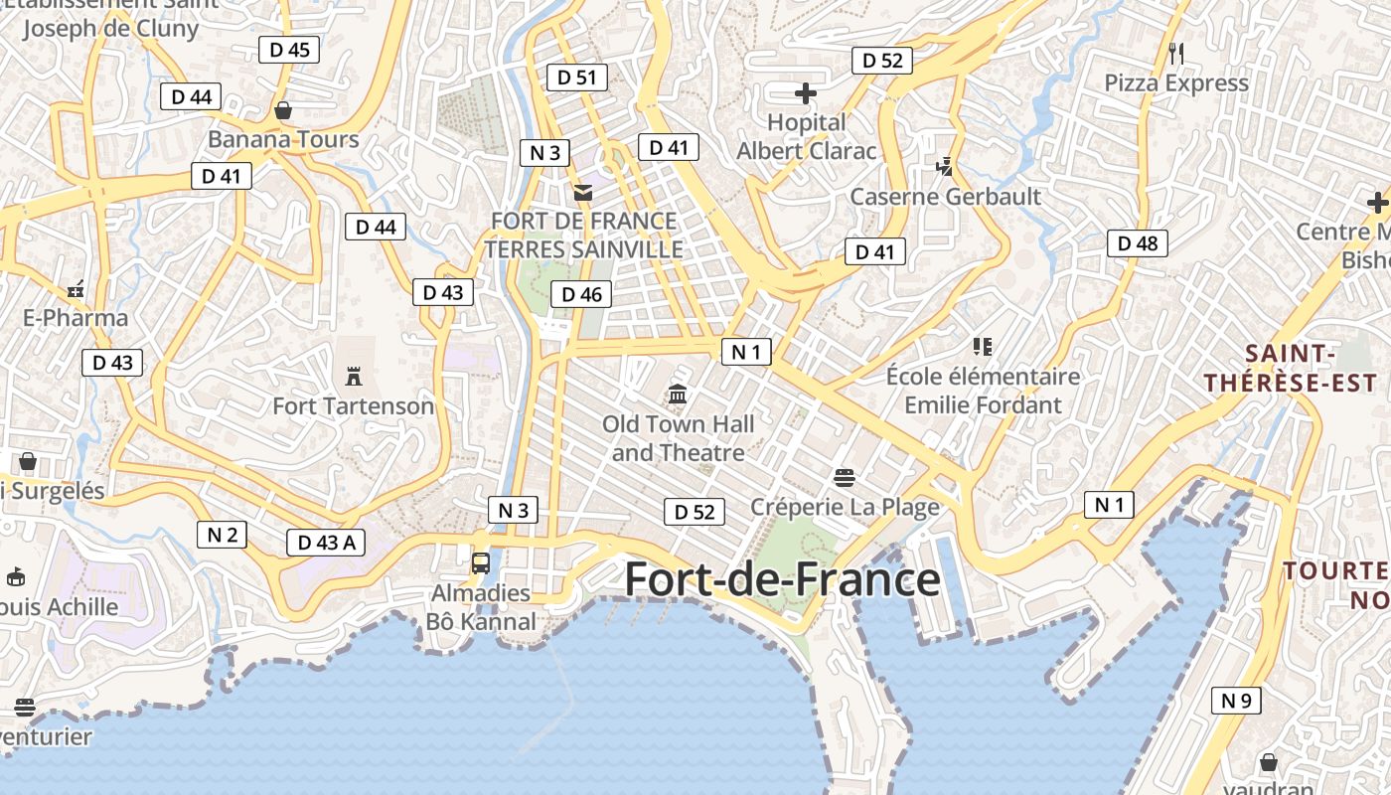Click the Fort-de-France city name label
782,579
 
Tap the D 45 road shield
289,49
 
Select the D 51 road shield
576,77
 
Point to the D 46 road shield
581,293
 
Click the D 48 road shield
1138,242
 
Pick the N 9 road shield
1236,700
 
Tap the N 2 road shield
222,534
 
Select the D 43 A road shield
326,542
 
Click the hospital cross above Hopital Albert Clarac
806,93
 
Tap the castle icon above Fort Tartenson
353,376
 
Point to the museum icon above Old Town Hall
678,395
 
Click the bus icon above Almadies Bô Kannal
481,563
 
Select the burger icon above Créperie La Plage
845,478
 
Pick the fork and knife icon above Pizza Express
1176,53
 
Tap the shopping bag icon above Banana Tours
283,109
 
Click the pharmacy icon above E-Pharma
76,290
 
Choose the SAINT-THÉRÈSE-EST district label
1291,368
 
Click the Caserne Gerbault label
945,196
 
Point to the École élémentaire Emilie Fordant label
983,391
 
